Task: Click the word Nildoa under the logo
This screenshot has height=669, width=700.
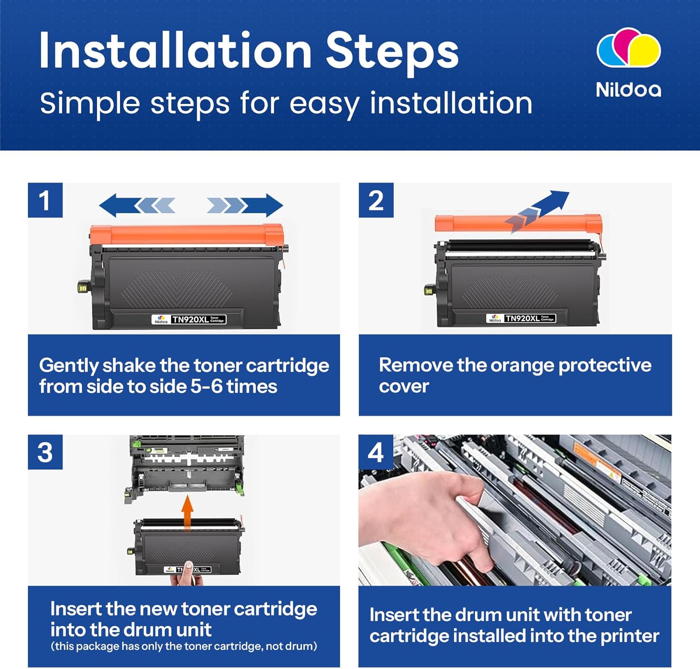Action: pos(629,90)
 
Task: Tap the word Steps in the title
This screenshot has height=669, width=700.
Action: pos(392,51)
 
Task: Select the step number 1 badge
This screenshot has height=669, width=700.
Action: pos(45,200)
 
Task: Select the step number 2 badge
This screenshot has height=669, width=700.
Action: pos(376,200)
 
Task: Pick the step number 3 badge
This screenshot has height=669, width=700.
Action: pos(45,452)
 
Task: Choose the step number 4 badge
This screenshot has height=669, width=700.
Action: pos(376,452)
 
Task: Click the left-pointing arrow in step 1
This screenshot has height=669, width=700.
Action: pos(138,205)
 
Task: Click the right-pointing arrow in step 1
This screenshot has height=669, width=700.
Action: pos(245,205)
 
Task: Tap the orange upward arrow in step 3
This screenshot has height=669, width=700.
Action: pos(188,512)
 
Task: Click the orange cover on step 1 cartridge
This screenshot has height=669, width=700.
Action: pos(187,235)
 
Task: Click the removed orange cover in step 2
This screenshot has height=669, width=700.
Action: pos(518,223)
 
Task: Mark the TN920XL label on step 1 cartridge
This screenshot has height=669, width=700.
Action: pos(189,320)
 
